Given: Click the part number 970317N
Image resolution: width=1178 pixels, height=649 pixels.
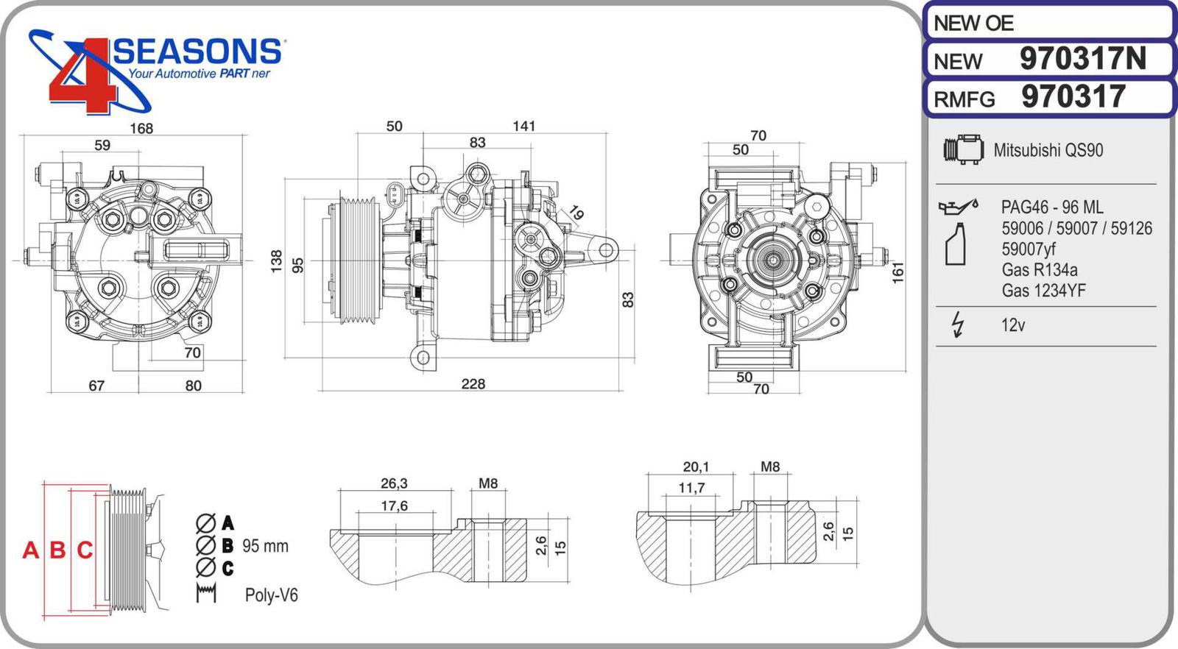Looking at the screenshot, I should tap(1082, 59).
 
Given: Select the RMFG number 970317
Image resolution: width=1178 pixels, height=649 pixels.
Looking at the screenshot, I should tap(1073, 97).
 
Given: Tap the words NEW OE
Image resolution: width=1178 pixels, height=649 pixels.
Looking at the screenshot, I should tap(973, 24).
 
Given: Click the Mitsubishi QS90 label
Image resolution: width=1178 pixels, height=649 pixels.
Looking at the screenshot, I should tap(1048, 150).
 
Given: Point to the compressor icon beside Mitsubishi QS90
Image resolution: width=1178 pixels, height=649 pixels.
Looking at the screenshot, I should tap(963, 150).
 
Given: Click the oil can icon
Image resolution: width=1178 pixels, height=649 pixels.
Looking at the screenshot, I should tap(957, 207).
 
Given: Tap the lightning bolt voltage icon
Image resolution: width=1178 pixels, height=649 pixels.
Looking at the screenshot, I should tap(957, 324).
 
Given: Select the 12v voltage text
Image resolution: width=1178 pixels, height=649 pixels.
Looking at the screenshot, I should tap(1012, 325).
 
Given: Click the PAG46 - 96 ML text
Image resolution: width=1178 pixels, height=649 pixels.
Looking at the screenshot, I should tap(1051, 208).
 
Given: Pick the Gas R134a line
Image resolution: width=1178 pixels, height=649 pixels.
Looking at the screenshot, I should tap(1039, 270).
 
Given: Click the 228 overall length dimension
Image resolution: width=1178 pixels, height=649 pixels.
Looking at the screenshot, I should tap(473, 384).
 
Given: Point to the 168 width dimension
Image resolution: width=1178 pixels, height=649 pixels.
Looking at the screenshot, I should tap(141, 129).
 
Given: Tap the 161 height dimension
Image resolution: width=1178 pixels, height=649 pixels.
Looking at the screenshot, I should tap(897, 272).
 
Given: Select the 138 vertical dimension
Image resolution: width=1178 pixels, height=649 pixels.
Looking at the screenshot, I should tap(277, 261).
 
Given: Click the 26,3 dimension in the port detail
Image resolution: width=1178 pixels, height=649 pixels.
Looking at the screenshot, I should tap(394, 483).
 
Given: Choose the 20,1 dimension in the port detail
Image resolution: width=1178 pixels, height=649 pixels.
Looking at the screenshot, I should tap(696, 467).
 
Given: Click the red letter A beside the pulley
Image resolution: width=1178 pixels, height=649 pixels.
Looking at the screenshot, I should tap(30, 550).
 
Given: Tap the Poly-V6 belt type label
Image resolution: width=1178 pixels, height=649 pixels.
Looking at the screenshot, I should tap(271, 595).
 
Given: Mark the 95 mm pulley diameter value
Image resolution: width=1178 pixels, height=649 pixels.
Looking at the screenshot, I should tap(265, 546).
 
